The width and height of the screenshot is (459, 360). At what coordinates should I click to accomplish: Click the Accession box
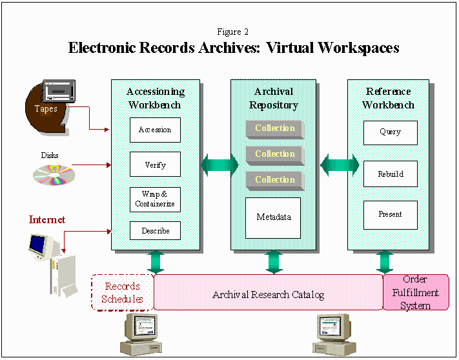point(155,130)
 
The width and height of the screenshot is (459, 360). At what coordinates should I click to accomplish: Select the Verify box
point(155,165)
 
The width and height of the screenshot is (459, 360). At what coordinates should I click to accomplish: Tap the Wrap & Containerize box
point(155,199)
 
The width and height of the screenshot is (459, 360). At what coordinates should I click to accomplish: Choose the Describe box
point(155,231)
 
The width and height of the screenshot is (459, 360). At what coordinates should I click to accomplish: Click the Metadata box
point(274,217)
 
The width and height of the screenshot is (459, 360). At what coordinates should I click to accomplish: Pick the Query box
point(390,132)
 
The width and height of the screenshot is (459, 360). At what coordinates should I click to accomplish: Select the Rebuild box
point(390,174)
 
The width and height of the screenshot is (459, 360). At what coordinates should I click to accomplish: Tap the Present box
point(390,214)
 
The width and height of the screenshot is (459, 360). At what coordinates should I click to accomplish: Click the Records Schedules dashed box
point(123,292)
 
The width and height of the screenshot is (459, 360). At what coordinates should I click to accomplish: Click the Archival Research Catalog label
point(268,295)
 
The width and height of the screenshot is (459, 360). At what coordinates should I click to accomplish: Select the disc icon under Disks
point(54,174)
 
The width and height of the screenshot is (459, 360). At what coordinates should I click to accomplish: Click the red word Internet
point(47,220)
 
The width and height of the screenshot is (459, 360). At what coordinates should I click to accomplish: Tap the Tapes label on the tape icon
point(46,109)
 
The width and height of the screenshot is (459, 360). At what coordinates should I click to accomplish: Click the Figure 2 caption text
point(233,32)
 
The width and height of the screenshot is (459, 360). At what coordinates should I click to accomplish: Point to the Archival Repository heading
point(274,98)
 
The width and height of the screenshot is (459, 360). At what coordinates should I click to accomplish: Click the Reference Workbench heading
point(388,98)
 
